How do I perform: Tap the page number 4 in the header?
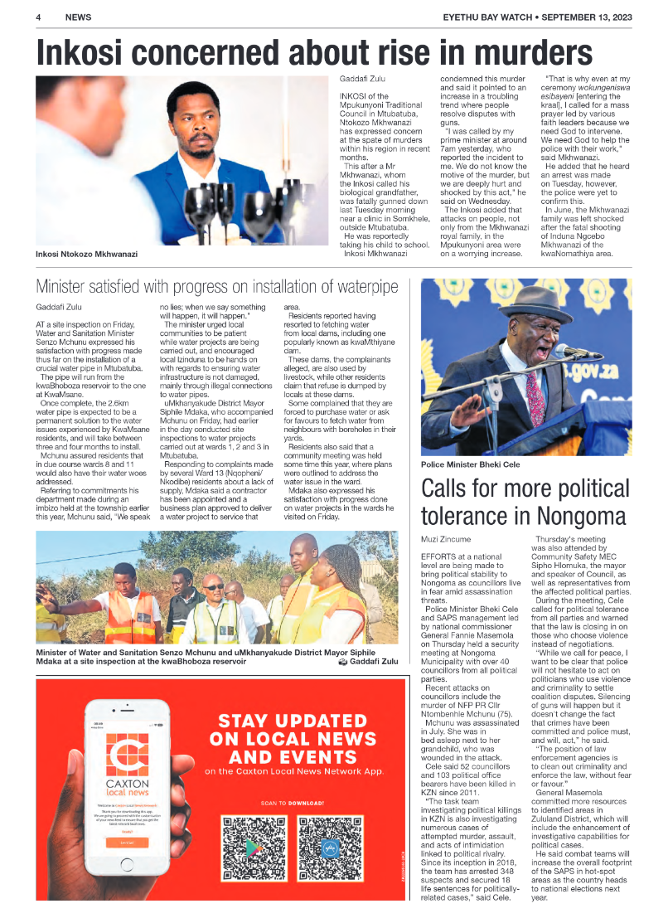point(39,17)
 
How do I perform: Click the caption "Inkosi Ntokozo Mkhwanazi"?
point(86,254)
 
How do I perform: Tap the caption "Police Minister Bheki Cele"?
point(470,465)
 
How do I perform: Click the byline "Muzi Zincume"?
point(446,539)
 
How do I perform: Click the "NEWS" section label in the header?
point(78,17)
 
